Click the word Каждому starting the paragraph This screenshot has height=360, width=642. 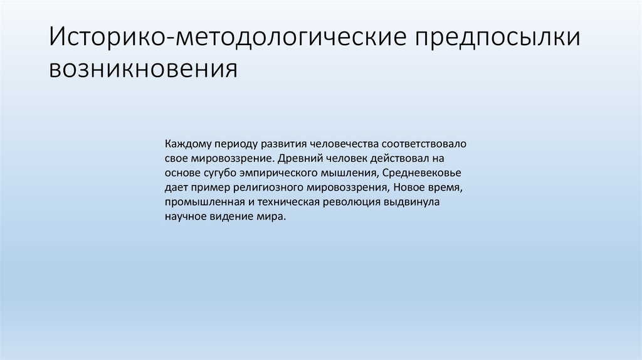[x=187, y=144]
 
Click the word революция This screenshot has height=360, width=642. [x=352, y=202]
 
